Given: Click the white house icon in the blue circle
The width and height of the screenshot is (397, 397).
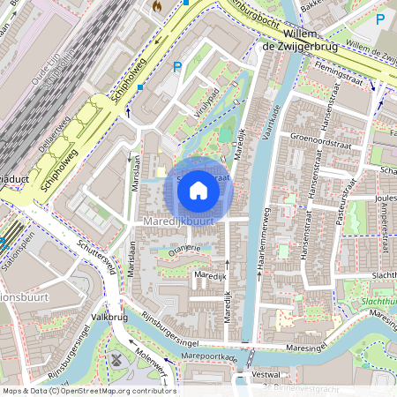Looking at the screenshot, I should pos(198,190).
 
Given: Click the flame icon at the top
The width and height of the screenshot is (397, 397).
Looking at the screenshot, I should pos(157,6).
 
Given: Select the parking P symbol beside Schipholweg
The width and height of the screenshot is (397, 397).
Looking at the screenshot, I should pos(177,66).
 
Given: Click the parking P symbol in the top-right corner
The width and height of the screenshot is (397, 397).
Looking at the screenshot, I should pos(379,19).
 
